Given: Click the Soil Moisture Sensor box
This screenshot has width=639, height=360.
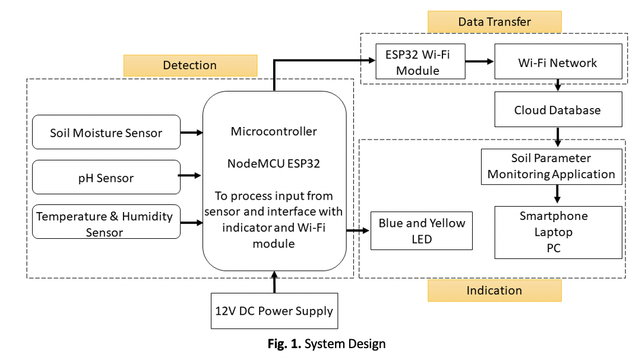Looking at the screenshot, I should click(106, 132).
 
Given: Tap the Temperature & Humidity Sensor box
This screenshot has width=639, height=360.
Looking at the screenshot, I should click(106, 222).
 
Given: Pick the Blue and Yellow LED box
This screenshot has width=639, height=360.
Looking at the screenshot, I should click(421, 232).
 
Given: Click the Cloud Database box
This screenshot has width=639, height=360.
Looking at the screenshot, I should click(558, 110).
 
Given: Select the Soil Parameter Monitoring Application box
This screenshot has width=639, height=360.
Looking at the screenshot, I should click(559, 166).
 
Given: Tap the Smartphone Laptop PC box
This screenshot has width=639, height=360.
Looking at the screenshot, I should click(559, 232).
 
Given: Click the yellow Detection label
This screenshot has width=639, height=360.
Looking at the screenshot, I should click(190, 65).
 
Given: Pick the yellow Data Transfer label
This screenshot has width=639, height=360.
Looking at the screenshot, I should click(494, 22).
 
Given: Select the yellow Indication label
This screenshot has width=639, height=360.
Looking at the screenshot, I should click(494, 290).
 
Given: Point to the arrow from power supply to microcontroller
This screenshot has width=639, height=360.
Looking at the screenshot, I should click(274, 282).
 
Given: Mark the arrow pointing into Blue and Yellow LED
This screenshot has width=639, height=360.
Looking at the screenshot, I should click(358, 230).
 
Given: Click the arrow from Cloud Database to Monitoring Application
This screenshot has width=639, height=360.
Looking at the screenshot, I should click(558, 137).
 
